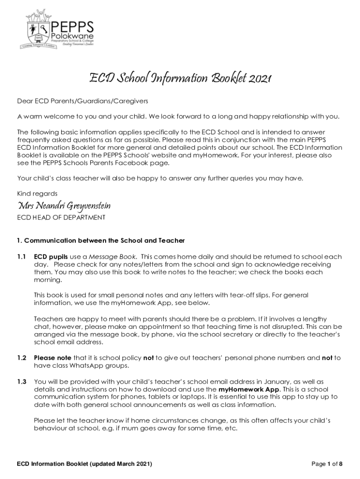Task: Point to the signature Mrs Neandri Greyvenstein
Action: pos(64,206)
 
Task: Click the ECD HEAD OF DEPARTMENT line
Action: pos(61,218)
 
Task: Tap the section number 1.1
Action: pos(22,257)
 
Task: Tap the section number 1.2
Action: pos(22,358)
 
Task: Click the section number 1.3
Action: pos(22,382)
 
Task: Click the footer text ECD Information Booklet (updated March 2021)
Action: pos(84,464)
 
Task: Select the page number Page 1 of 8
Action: pos(327,464)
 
